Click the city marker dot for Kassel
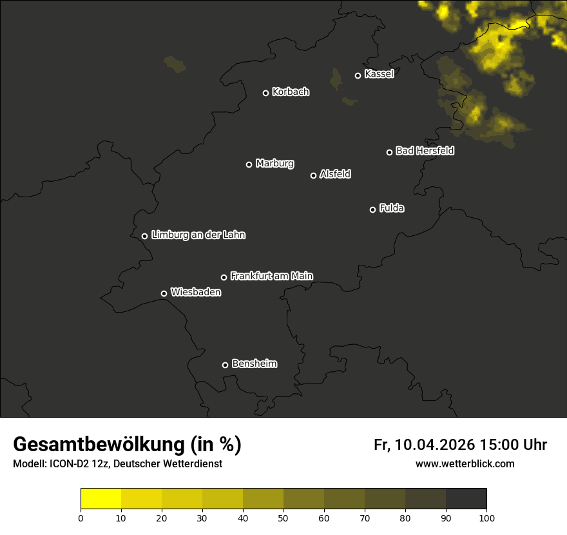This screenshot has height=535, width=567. coord(358,75)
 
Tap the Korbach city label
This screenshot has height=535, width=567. coord(291,92)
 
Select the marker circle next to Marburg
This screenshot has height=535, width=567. coord(249,164)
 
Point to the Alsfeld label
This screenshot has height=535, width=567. coord(335,174)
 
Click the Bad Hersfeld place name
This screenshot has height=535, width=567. coord(425,151)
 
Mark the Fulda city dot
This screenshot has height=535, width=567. coord(372,209)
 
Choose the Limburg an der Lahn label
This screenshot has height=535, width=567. coord(198,235)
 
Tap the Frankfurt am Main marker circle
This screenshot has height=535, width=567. coord(224,277)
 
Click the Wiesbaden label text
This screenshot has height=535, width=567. coord(195,293)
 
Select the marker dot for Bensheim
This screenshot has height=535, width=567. coord(225,365)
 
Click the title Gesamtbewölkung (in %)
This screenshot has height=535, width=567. coord(127,445)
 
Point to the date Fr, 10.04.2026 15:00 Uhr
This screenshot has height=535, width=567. coord(460,445)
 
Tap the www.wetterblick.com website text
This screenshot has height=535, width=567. coord(465,464)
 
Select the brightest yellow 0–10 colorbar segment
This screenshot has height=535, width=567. coord(101,499)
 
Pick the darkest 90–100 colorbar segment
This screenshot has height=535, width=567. coord(466,499)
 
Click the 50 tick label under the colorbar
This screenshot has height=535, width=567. coord(283,518)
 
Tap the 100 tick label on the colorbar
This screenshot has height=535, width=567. coord(486,518)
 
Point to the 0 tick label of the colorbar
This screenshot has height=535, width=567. coord(81,518)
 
